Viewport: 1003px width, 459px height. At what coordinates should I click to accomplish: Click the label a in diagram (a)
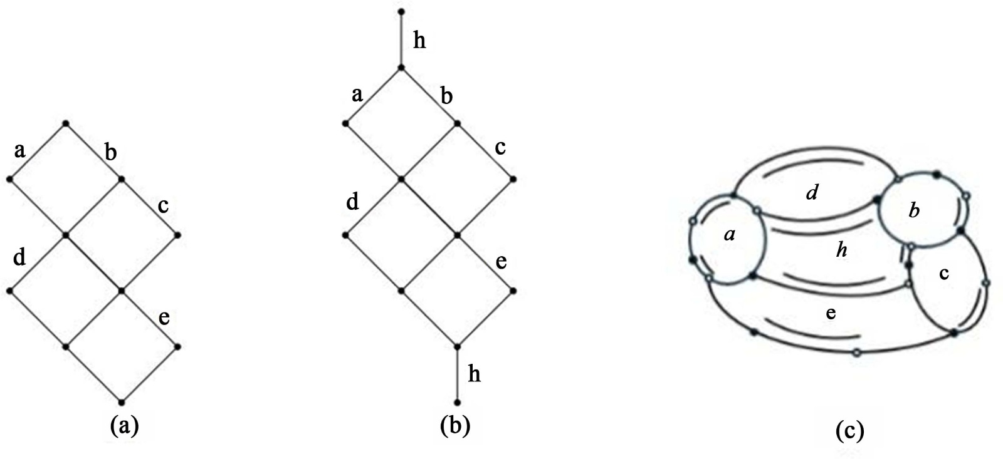[19, 150]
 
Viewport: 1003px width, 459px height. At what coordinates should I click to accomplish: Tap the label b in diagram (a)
[110, 152]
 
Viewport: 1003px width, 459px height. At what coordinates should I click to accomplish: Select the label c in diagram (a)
[163, 205]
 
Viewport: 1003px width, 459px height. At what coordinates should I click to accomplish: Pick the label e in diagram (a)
[164, 318]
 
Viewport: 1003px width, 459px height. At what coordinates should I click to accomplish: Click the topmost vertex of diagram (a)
[65, 123]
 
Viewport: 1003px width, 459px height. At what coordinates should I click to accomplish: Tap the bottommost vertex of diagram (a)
[122, 402]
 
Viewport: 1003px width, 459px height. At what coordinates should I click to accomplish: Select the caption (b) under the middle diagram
[454, 426]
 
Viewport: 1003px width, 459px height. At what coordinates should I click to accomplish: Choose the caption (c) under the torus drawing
[849, 431]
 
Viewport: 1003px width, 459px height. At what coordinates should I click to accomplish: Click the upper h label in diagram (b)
[419, 41]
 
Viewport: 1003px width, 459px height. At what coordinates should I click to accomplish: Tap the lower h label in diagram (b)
[475, 374]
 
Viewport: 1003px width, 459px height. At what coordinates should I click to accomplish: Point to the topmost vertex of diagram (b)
[401, 12]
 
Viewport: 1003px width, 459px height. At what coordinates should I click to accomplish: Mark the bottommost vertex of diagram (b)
[457, 402]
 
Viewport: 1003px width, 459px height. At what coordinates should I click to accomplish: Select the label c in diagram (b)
[500, 148]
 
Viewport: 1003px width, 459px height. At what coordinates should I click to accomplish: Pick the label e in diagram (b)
[501, 262]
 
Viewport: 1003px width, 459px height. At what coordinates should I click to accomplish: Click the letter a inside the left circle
[729, 235]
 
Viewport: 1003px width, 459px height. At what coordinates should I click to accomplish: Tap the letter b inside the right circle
[914, 210]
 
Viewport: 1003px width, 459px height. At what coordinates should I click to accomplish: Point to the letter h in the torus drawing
[842, 250]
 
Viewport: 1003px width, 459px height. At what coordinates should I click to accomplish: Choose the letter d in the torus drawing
[812, 192]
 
